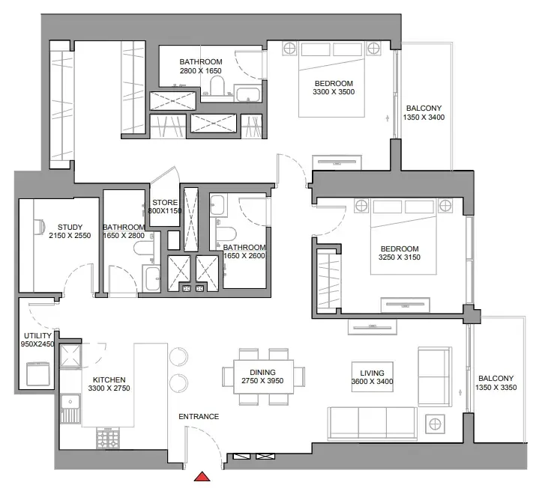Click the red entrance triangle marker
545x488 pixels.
202,477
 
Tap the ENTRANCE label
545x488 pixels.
199,416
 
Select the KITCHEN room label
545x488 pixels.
109,379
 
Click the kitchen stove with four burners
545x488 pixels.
108,438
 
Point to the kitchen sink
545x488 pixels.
70,409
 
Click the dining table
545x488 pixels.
263,376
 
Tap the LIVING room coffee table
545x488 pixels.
373,377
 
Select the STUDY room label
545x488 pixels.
70,227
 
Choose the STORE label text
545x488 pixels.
165,202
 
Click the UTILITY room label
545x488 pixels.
37,335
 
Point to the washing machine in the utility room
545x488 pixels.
38,373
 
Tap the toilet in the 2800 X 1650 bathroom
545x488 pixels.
217,85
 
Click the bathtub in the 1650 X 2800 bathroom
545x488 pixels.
151,278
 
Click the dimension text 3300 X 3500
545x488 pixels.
334,92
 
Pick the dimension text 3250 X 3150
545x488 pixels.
400,257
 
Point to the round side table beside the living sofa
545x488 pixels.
435,424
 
